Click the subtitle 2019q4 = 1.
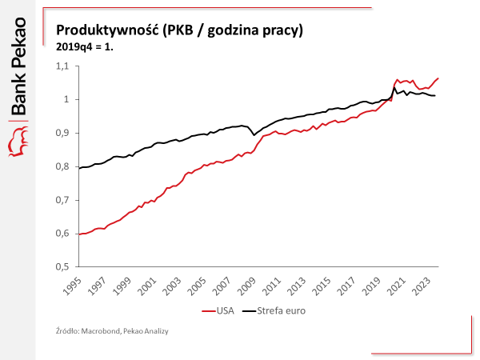pyautogui.click(x=86, y=46)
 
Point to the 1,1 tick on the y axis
pyautogui.click(x=63, y=66)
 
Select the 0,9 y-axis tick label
pyautogui.click(x=63, y=133)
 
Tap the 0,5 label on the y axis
pyautogui.click(x=63, y=266)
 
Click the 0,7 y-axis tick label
pyautogui.click(x=63, y=200)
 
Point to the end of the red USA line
pyautogui.click(x=438, y=78)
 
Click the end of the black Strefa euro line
pyautogui.click(x=435, y=96)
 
